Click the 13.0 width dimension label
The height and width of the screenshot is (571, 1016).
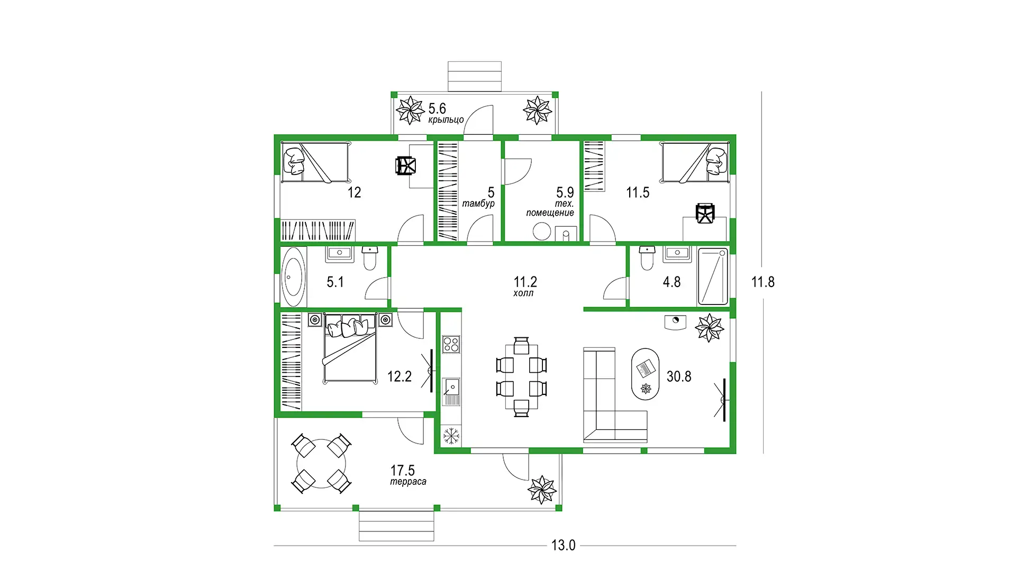[x=563, y=545]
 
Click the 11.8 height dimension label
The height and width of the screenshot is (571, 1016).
[x=763, y=282]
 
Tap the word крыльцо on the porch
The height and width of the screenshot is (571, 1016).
[x=446, y=120]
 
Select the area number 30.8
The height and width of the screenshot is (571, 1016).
[x=679, y=376]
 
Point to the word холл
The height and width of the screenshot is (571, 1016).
[x=523, y=293]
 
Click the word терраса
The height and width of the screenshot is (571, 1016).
[x=408, y=482]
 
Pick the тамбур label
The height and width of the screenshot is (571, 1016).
[x=478, y=204]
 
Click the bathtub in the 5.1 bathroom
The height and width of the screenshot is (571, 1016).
[x=294, y=277]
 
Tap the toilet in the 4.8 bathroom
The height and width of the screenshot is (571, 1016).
[x=647, y=257]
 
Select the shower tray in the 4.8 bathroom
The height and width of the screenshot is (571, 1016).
[x=713, y=277]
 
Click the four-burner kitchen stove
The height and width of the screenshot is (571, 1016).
[x=451, y=344]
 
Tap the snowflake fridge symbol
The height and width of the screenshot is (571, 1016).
[x=451, y=436]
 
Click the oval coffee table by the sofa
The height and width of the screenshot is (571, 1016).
[x=646, y=374]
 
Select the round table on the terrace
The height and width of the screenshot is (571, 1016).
[x=321, y=464]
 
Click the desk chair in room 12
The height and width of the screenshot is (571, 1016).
[x=406, y=165]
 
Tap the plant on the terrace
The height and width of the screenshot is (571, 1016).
[x=542, y=490]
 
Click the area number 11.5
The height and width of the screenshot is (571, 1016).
[x=638, y=192]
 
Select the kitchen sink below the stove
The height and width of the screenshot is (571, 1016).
[x=451, y=391]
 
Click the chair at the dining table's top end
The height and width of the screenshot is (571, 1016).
[x=521, y=345]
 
